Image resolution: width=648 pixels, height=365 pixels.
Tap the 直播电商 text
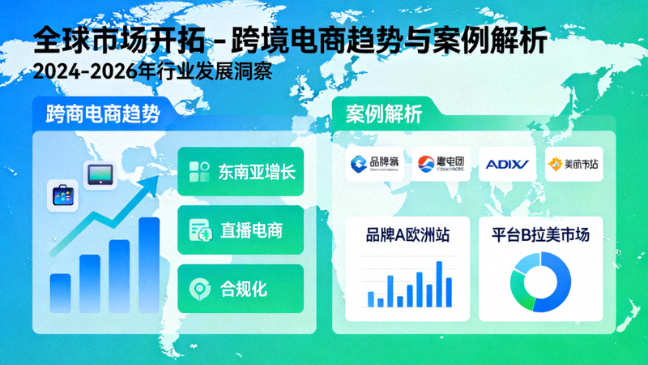[251, 230]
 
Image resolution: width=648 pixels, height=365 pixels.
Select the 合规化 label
[244, 288]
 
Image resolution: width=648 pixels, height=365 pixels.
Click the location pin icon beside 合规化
[198, 289]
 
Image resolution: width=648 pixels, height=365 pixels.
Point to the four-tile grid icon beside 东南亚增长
[199, 171]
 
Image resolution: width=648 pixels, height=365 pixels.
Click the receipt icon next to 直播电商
[199, 230]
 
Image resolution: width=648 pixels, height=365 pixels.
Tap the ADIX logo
[506, 165]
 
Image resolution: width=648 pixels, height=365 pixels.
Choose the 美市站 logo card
[573, 165]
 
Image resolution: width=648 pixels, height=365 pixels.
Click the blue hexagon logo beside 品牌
[357, 165]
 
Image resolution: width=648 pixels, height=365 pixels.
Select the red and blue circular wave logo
[425, 165]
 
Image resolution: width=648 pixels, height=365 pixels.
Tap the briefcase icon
[62, 195]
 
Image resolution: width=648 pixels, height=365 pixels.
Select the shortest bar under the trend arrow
[61, 292]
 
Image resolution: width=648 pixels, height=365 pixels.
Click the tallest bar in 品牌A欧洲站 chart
[439, 283]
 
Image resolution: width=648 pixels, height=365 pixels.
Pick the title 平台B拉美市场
[540, 236]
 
